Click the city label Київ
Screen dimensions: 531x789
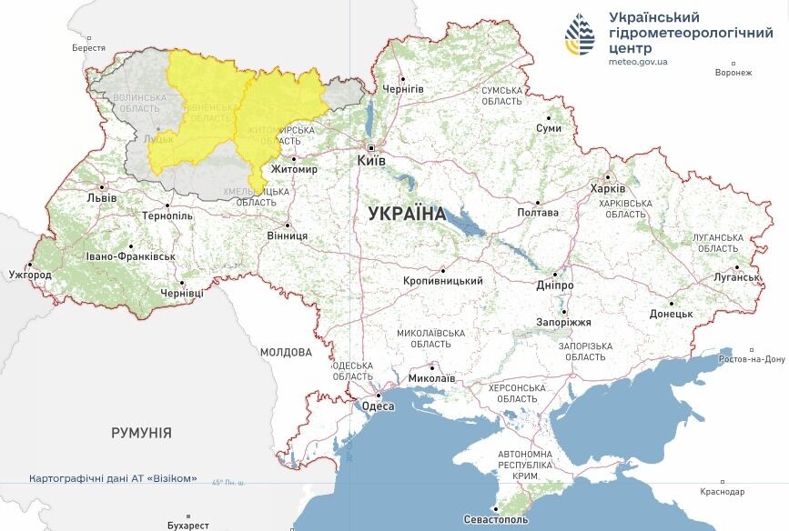(x=372, y=161)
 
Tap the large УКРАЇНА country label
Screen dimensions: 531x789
(x=407, y=215)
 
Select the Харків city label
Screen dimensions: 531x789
(x=608, y=188)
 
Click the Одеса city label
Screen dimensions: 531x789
(x=379, y=406)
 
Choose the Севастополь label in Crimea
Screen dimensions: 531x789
(x=496, y=519)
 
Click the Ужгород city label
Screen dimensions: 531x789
(x=30, y=275)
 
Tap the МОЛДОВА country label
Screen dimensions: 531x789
(x=286, y=352)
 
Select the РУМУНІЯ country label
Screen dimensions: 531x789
(x=141, y=433)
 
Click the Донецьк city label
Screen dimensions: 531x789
(x=671, y=314)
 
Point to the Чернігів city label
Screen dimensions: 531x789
(x=403, y=89)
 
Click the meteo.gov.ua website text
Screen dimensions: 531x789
(x=638, y=62)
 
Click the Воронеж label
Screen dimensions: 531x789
(x=733, y=74)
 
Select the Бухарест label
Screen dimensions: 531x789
(x=188, y=526)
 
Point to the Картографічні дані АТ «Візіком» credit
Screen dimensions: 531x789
(x=113, y=478)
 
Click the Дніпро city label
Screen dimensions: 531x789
(x=554, y=285)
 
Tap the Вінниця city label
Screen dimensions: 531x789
(x=287, y=235)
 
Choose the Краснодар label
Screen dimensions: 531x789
(x=723, y=492)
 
